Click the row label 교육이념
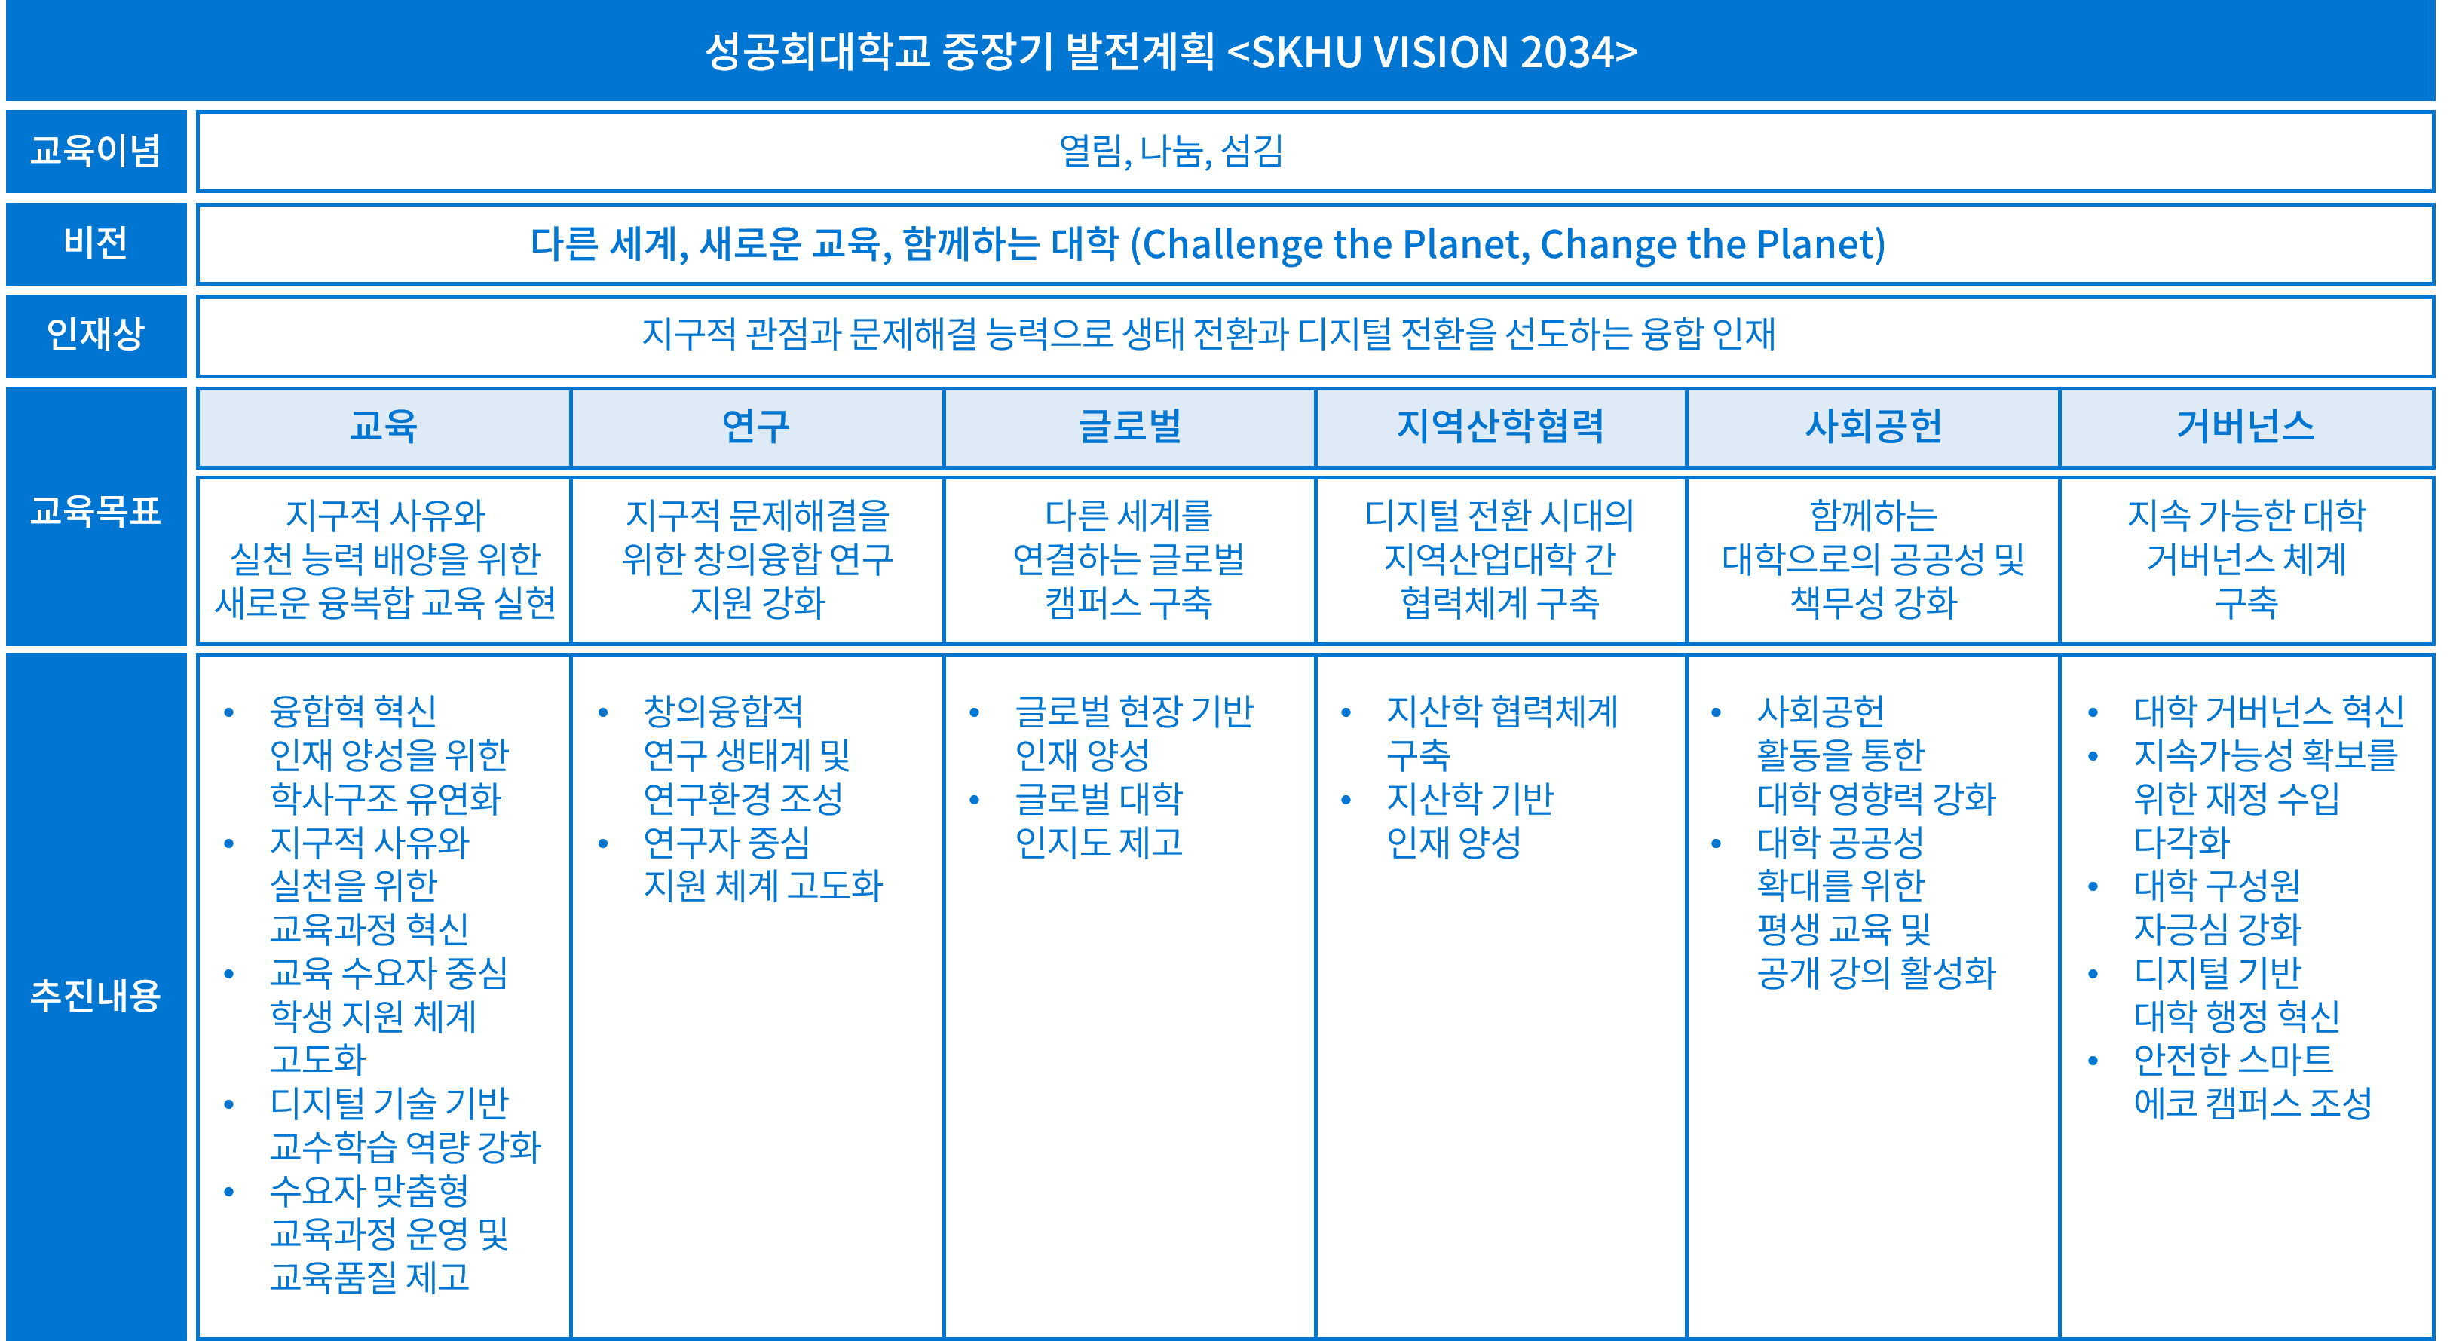click(x=95, y=150)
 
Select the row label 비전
click(x=95, y=243)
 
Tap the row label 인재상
click(x=95, y=334)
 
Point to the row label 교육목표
click(x=95, y=512)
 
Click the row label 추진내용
click(x=95, y=996)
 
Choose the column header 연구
click(x=756, y=426)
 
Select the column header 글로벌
click(x=1129, y=426)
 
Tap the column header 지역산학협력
click(x=1500, y=426)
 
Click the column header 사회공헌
click(x=1873, y=426)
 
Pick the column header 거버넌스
click(x=2246, y=426)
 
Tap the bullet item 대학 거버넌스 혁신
click(x=2268, y=710)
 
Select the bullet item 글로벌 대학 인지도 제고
click(x=1098, y=820)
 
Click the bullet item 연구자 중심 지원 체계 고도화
click(x=763, y=864)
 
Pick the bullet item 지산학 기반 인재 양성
click(x=1469, y=820)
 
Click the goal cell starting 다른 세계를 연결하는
click(x=1129, y=559)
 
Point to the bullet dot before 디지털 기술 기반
click(x=228, y=1104)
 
